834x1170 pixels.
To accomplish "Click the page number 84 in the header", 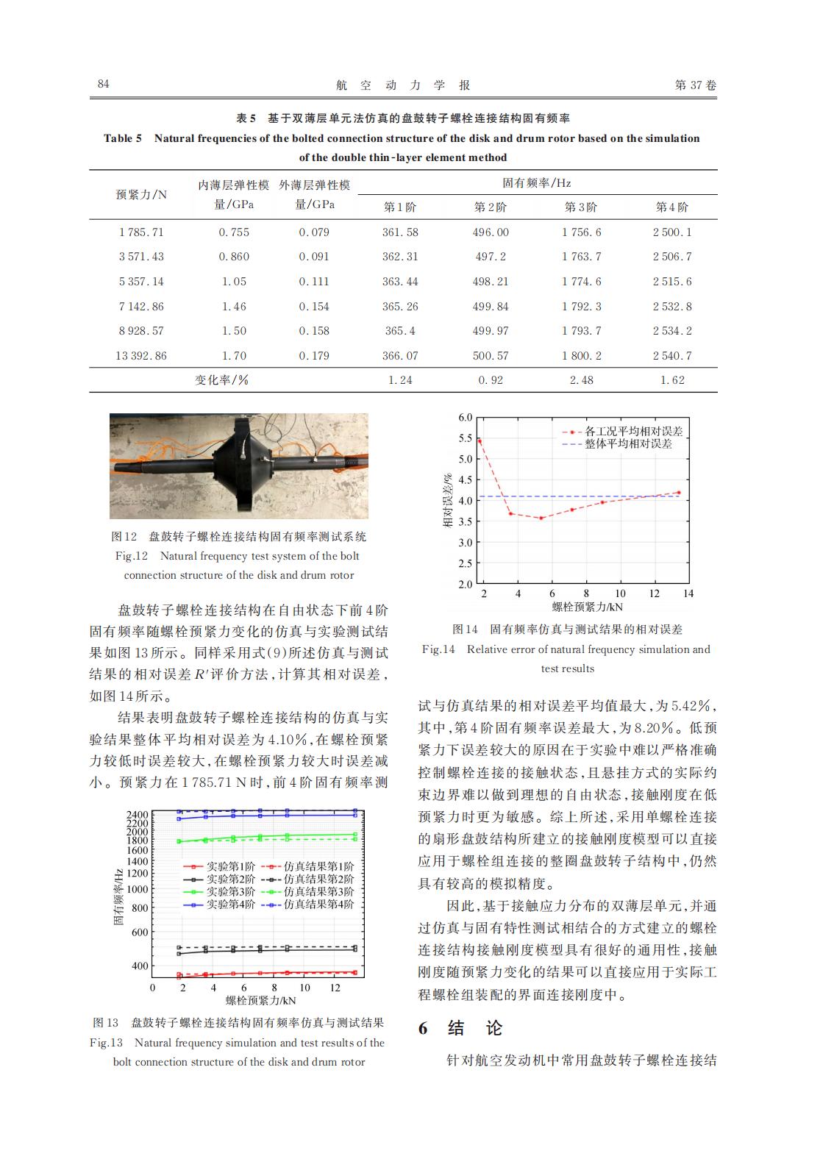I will tap(104, 84).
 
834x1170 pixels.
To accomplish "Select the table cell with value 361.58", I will tap(400, 232).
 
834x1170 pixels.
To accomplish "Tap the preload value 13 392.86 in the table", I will tap(141, 356).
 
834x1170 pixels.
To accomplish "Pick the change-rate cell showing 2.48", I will tap(581, 380).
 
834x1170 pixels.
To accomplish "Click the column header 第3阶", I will tap(581, 207).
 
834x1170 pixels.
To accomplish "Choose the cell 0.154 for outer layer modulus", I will tap(314, 307).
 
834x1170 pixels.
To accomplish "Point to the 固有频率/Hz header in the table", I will tap(536, 182).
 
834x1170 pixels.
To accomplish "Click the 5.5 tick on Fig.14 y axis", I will tap(465, 438).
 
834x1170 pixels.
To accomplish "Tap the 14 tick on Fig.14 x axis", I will tap(688, 593).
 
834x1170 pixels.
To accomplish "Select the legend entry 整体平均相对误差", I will tap(628, 444).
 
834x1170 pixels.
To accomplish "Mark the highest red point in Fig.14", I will tap(480, 440).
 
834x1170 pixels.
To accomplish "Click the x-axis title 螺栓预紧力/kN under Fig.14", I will tap(587, 607).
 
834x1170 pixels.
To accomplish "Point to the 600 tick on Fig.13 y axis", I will tap(139, 932).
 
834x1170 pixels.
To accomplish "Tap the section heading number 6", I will tap(423, 1028).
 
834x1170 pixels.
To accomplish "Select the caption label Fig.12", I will tap(132, 556).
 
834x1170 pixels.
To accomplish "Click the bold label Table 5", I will tap(123, 138).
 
